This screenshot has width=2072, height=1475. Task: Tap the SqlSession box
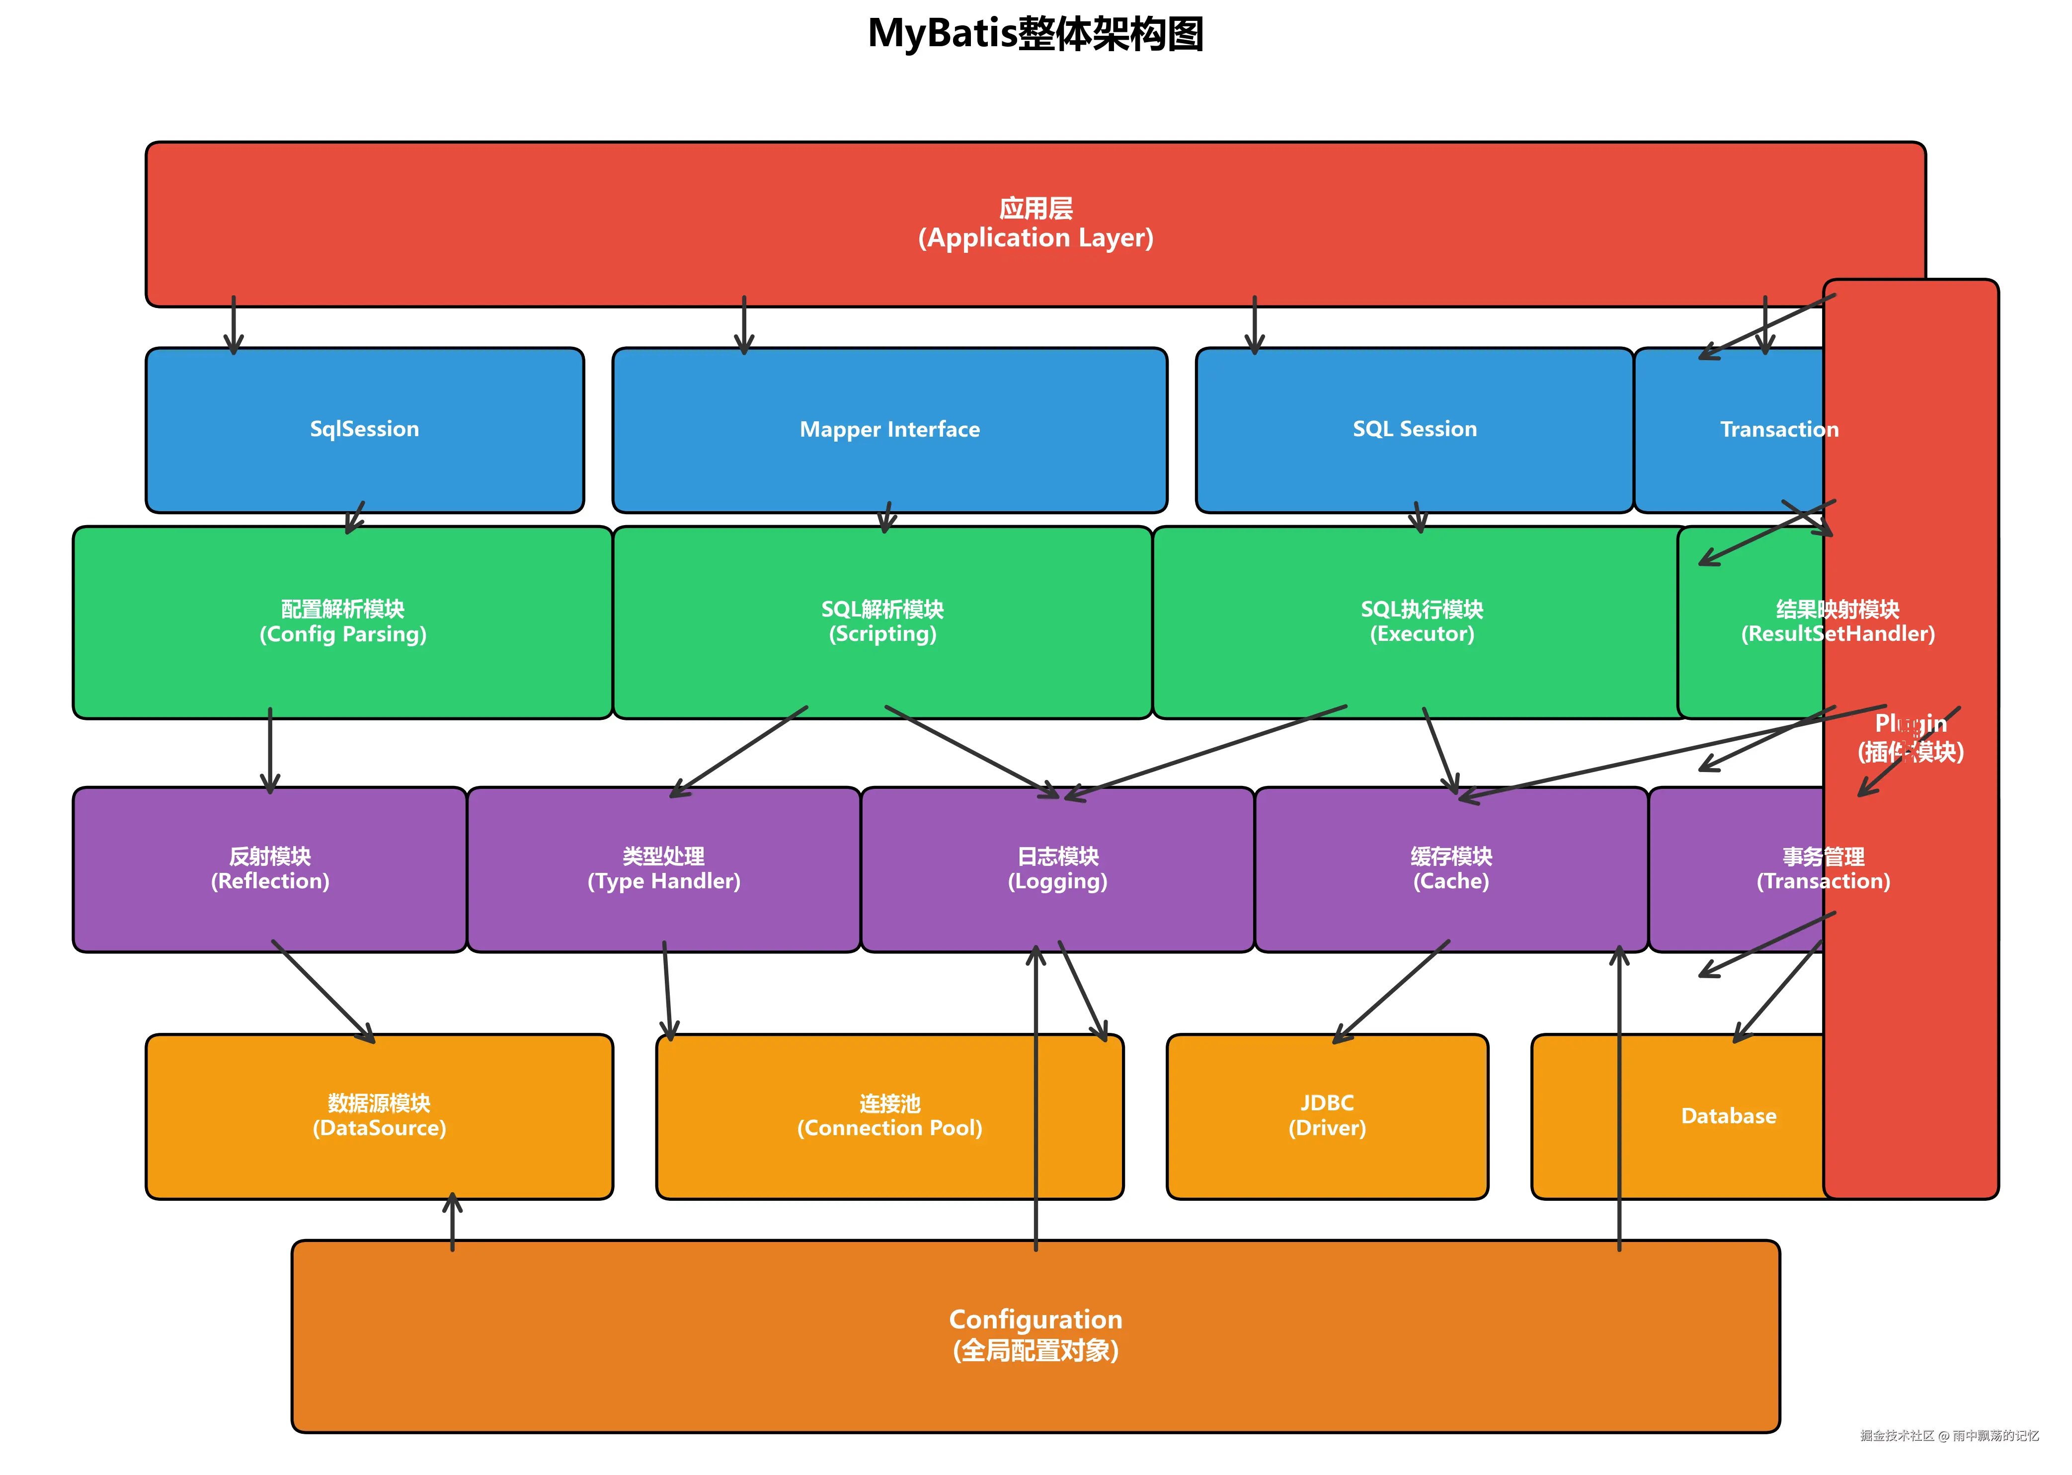tap(364, 430)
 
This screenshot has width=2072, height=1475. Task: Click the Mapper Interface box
tap(889, 430)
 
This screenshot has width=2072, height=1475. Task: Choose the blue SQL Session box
tap(1414, 430)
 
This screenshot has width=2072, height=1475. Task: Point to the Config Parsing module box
tap(342, 622)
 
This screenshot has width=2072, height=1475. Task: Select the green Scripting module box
tap(882, 622)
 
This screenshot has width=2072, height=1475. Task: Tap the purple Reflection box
tap(270, 869)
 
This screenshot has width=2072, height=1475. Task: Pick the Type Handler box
tap(663, 869)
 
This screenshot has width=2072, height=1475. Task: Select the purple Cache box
tap(1451, 869)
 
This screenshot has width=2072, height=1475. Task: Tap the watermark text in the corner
tap(1949, 1436)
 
